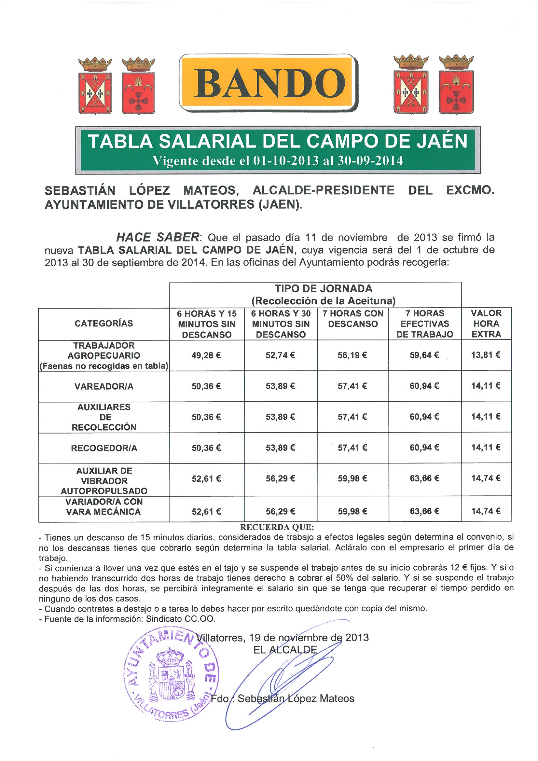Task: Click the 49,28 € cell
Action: point(206,356)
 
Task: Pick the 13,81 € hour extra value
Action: point(486,355)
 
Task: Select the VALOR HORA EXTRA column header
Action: point(486,324)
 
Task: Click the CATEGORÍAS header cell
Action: point(104,324)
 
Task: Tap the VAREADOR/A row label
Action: point(104,386)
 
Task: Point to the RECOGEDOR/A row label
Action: point(104,448)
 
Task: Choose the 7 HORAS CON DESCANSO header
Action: point(353,319)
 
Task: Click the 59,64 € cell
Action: point(424,355)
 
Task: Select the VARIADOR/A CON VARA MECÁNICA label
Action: point(104,507)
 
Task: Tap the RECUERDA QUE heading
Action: point(277,527)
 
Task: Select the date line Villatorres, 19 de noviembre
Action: point(283,638)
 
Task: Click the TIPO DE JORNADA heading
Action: point(324,289)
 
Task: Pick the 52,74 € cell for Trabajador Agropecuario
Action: point(280,356)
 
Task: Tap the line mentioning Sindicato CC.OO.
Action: point(130,619)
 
